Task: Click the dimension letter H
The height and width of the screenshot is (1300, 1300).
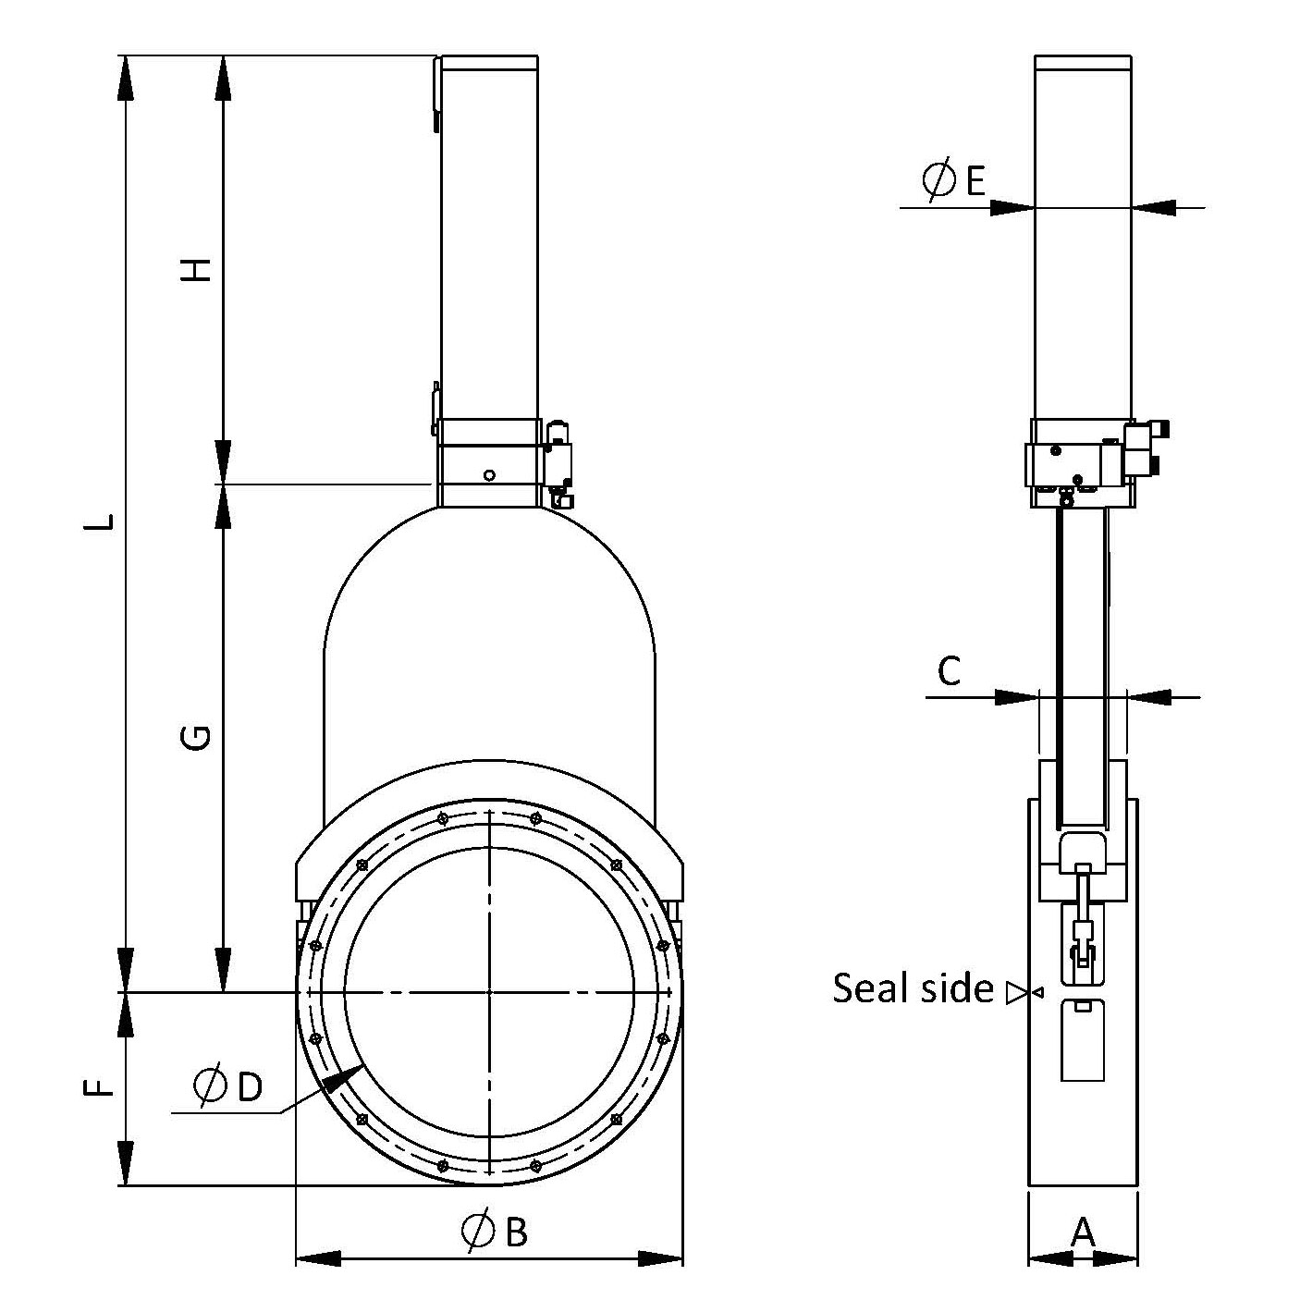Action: [196, 269]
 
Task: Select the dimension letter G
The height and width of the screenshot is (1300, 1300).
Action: [196, 737]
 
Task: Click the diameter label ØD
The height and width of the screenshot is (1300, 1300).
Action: [229, 1085]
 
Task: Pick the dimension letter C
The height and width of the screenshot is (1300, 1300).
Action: [950, 670]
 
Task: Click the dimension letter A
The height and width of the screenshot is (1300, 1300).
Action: [1083, 1232]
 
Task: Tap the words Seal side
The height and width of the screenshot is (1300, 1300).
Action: [913, 987]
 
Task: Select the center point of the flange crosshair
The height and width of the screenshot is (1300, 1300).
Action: [489, 992]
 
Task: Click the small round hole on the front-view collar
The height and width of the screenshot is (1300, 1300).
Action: [490, 475]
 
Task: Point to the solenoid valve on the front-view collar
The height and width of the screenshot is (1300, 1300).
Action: [558, 462]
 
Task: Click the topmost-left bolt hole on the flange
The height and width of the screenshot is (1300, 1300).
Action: [443, 818]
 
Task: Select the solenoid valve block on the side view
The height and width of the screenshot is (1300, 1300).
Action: [1145, 451]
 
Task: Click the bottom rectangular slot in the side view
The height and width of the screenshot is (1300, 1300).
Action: [1083, 1040]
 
